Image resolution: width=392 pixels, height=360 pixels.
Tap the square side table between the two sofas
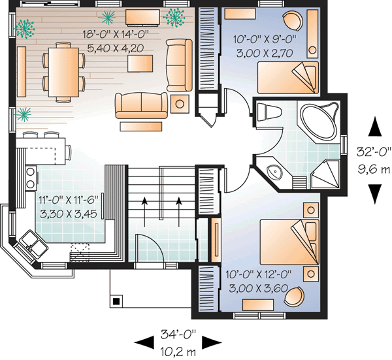tap(179, 103)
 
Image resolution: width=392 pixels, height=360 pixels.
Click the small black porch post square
tap(116, 301)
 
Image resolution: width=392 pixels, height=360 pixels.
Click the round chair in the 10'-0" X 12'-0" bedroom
tap(297, 297)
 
